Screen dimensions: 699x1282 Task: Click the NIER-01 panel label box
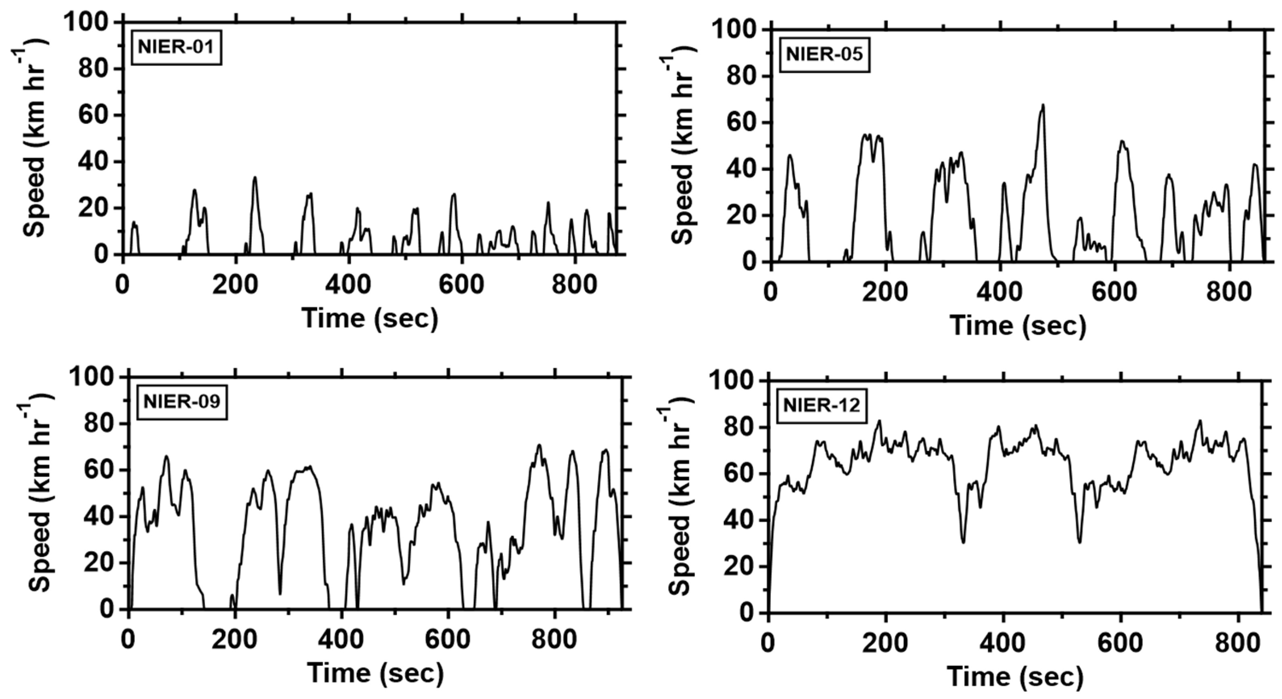pyautogui.click(x=176, y=47)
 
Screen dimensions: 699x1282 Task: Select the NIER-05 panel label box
pyautogui.click(x=824, y=55)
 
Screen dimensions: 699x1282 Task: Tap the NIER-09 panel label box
pyautogui.click(x=182, y=402)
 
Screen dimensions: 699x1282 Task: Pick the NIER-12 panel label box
pyautogui.click(x=822, y=406)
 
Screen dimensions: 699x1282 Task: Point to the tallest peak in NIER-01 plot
pyautogui.click(x=255, y=178)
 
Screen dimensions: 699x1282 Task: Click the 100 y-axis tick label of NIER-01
pyautogui.click(x=86, y=22)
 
